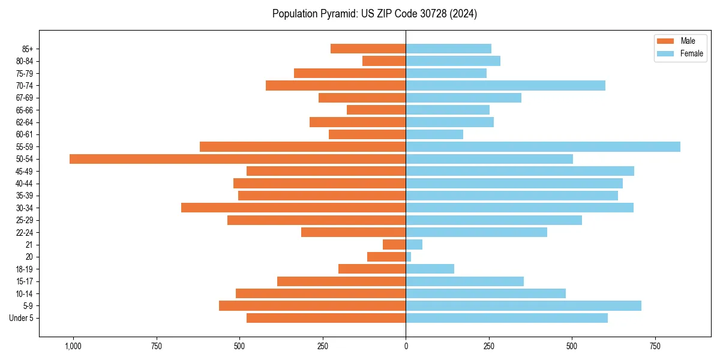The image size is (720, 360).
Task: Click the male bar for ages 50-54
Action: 238,159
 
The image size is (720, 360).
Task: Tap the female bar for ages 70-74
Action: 505,86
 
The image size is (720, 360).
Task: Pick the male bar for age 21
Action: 394,245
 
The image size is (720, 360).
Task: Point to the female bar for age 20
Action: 409,257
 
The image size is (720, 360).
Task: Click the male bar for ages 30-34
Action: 293,208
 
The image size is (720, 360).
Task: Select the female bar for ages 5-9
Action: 523,306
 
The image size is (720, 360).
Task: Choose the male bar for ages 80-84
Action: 384,61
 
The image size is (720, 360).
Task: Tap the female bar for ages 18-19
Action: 430,269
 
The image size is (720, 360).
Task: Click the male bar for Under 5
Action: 326,318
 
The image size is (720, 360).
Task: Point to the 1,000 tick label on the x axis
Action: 73,347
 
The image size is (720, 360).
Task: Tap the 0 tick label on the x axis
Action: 406,347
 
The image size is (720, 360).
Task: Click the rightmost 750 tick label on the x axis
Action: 655,347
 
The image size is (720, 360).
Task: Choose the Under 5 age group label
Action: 21,318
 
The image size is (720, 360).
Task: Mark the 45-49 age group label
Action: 25,172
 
